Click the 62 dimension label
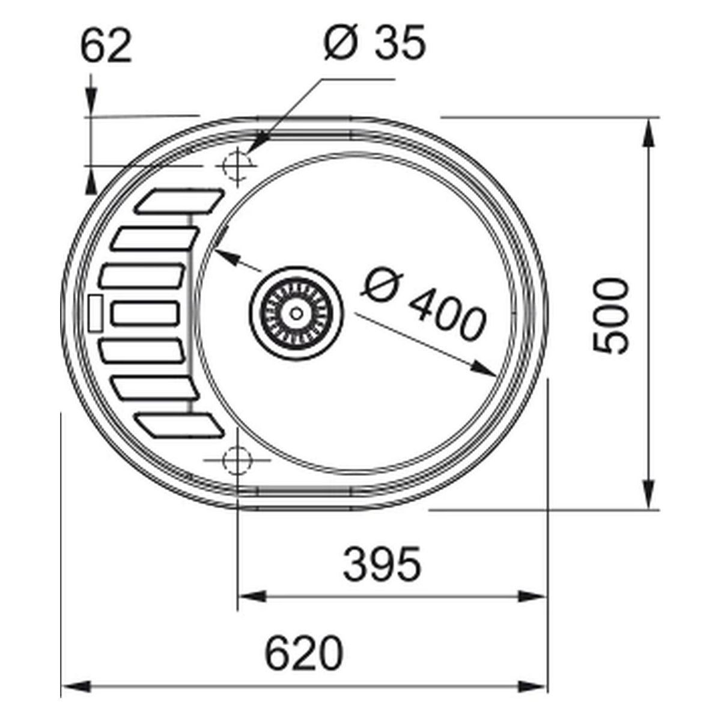point(106,47)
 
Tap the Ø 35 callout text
point(375,41)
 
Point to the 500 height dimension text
point(610,317)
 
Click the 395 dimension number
point(382,564)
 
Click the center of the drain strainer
point(296,313)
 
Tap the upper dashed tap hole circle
point(237,165)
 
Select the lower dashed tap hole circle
point(237,461)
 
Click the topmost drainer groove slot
point(179,202)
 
